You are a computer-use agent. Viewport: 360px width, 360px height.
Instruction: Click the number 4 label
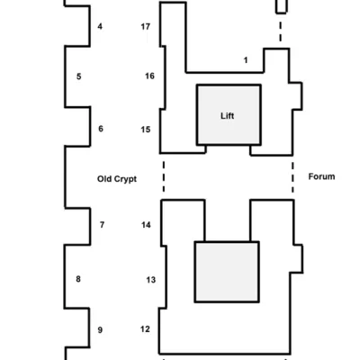(100, 26)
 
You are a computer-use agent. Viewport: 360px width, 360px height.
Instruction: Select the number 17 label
(146, 27)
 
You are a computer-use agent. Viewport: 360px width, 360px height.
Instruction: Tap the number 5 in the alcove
(78, 76)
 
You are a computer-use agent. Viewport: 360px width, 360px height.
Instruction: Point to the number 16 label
(149, 76)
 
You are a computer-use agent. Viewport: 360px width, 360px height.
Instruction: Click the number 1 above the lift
(246, 60)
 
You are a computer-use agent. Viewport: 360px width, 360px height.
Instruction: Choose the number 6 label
(101, 129)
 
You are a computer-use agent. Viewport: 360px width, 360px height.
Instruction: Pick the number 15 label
(146, 130)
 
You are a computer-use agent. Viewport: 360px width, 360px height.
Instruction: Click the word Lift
(228, 116)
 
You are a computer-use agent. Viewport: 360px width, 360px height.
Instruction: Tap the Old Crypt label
(117, 179)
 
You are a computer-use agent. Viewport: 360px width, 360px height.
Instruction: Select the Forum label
(321, 176)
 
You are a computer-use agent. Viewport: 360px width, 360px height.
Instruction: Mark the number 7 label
(102, 225)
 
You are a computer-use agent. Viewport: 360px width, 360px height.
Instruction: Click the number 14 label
(146, 225)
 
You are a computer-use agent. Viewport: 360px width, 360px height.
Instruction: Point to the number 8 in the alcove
(78, 279)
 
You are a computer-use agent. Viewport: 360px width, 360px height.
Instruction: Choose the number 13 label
(151, 280)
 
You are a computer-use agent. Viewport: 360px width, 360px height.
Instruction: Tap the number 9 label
(100, 330)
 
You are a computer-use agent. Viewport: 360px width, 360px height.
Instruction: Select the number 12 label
(145, 329)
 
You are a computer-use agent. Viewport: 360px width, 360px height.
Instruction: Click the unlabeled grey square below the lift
(227, 272)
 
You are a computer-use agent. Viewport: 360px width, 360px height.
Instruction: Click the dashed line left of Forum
(292, 177)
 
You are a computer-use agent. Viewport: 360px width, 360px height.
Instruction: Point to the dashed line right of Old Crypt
(164, 176)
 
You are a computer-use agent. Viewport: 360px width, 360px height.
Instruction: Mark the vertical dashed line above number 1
(281, 31)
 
